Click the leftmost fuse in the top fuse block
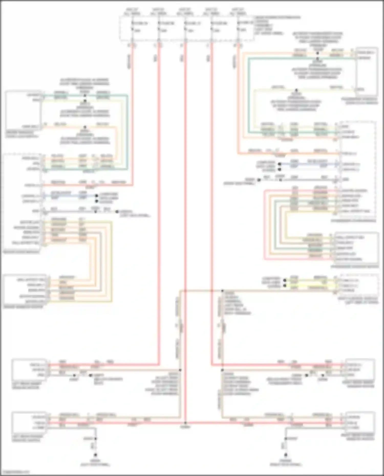click(133, 27)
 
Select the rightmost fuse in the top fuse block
click(238, 27)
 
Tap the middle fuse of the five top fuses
click(185, 27)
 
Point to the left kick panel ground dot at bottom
click(95, 455)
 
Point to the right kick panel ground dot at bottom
click(286, 455)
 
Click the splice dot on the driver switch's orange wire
click(85, 127)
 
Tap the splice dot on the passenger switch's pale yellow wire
click(296, 90)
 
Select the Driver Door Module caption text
click(22, 252)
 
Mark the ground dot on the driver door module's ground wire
click(117, 212)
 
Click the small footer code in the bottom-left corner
click(15, 472)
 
